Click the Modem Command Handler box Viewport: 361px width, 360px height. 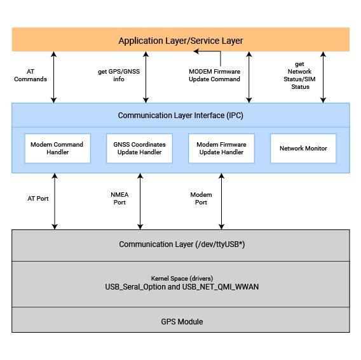click(x=58, y=149)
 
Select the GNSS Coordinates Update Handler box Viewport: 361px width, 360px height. click(x=139, y=149)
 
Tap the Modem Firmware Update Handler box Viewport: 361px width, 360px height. click(x=221, y=149)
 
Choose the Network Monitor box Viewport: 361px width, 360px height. click(x=303, y=149)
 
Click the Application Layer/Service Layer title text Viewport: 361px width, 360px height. click(x=180, y=41)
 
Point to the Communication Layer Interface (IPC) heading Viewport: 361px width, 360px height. click(x=180, y=116)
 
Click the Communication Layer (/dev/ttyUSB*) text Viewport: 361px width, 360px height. click(x=182, y=244)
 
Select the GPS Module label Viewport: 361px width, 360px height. click(x=182, y=321)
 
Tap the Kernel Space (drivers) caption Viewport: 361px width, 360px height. click(x=182, y=278)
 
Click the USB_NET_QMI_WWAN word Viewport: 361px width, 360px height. click(x=221, y=287)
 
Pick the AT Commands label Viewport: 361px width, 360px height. click(x=31, y=75)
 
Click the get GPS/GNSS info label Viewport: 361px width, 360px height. click(x=119, y=75)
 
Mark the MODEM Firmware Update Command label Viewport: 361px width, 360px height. click(x=214, y=75)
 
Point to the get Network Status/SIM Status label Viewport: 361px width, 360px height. click(x=299, y=75)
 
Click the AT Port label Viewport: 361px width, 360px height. click(x=38, y=199)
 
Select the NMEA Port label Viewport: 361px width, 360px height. click(x=119, y=198)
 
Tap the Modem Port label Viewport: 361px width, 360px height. click(x=201, y=198)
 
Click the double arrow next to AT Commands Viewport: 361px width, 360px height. click(x=53, y=77)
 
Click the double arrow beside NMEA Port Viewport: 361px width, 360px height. click(x=140, y=201)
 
